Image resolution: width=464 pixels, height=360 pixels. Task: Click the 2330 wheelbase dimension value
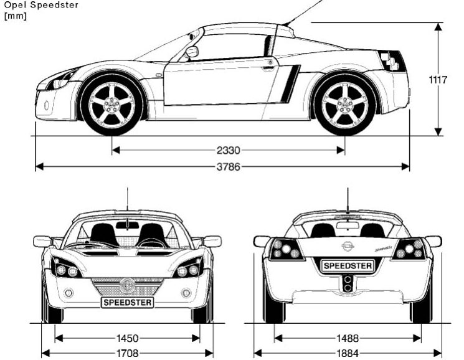[228, 150]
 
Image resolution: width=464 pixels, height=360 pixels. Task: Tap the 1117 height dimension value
[438, 79]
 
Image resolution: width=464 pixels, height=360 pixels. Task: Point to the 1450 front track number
[127, 338]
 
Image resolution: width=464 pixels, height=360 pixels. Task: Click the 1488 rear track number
[348, 338]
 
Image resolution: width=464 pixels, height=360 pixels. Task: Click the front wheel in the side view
[112, 104]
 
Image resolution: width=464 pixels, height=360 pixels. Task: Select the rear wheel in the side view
[344, 104]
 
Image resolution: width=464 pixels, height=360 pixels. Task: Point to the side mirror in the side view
[191, 52]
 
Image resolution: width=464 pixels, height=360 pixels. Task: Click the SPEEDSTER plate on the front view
[127, 302]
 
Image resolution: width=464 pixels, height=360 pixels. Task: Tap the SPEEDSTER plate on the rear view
[348, 266]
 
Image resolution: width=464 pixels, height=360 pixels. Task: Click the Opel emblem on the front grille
[127, 285]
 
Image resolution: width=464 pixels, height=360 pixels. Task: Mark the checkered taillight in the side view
[395, 60]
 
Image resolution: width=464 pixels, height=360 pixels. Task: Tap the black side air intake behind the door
[288, 83]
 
